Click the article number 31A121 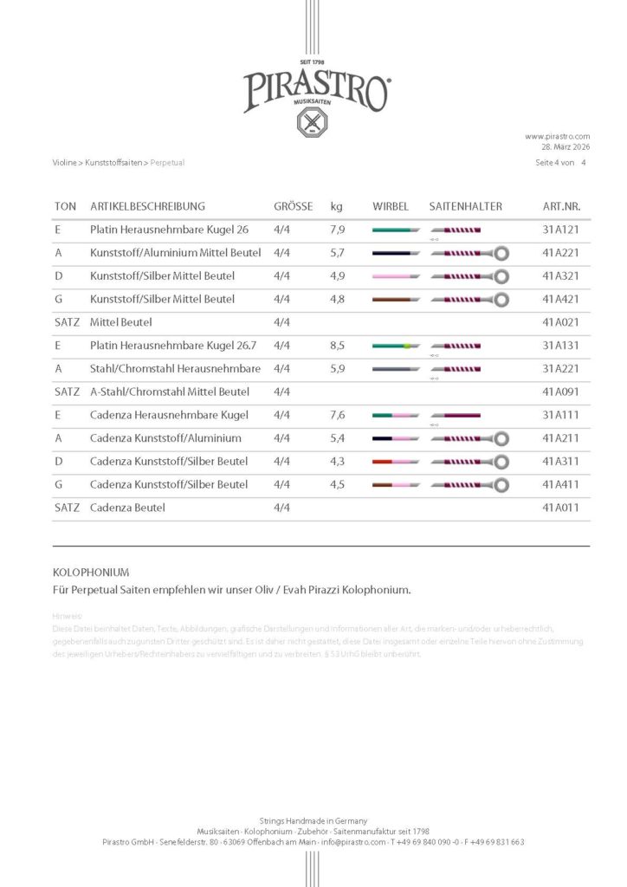560,230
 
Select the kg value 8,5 338,346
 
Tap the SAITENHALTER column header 465,207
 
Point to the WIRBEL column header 390,207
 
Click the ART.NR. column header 561,207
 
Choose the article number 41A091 560,392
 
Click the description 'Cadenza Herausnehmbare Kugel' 157,415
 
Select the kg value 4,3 338,461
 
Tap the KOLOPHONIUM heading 91,573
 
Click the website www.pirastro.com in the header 557,136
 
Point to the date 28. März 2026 566,146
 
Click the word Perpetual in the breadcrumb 167,162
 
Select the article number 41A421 560,299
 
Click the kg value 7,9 338,230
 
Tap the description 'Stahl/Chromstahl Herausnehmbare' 175,368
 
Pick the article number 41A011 560,507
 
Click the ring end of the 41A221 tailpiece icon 501,253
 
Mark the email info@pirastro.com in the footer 353,842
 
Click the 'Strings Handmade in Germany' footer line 313,820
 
